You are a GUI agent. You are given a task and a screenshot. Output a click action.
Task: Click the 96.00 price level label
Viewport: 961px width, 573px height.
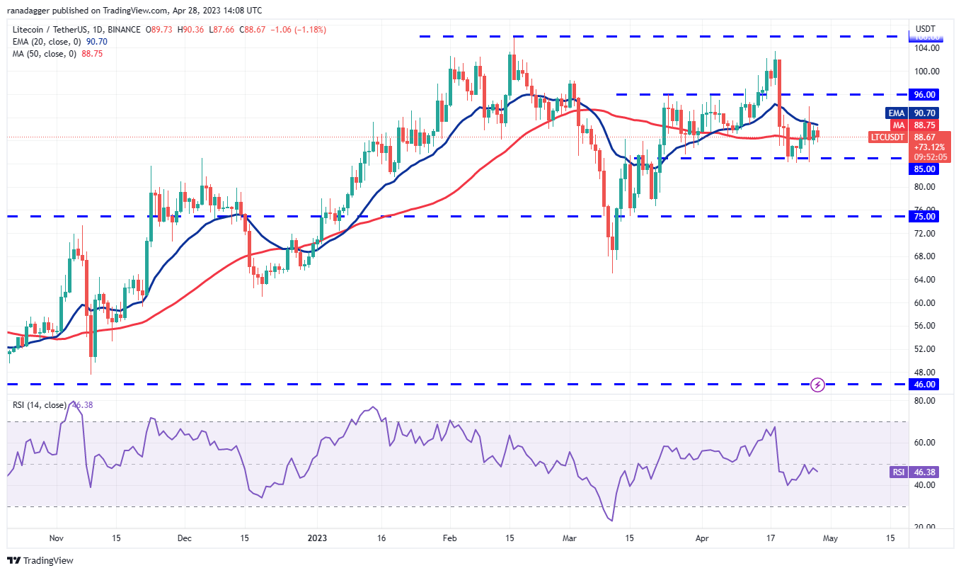coord(925,94)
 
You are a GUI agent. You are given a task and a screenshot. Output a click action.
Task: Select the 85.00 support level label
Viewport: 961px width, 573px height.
coord(925,169)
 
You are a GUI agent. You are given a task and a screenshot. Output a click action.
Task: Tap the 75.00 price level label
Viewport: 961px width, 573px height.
coord(925,217)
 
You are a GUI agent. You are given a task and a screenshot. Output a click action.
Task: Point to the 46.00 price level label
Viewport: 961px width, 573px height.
coord(925,385)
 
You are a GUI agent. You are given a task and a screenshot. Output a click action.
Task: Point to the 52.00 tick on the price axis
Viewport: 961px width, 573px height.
coord(926,349)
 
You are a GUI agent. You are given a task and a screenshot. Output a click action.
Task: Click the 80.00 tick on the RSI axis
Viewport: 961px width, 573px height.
coord(926,401)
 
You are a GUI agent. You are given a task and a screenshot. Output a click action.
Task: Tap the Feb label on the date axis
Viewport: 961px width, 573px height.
coord(449,538)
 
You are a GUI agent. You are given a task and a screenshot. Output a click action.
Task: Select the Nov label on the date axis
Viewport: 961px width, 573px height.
coord(57,538)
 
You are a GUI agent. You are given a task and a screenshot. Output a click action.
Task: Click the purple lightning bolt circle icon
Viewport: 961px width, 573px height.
coord(818,385)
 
